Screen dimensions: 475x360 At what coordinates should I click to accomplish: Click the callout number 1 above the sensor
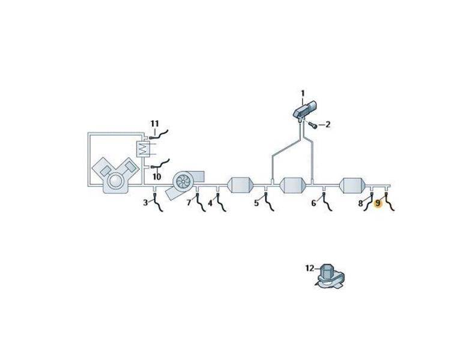coord(302,94)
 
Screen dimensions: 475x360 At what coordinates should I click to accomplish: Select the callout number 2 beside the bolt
coord(328,124)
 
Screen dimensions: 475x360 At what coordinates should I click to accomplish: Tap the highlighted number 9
coord(378,203)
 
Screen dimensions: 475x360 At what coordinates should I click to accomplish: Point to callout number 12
coord(310,268)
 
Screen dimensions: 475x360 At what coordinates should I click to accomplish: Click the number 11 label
coord(154,124)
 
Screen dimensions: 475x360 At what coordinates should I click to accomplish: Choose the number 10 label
coord(157,176)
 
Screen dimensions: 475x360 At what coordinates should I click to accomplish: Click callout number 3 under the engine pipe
coord(145,202)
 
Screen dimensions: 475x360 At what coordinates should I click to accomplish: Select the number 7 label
coord(189,203)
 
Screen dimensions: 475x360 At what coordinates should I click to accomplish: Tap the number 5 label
coord(256,203)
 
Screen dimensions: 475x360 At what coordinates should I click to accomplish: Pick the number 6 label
coord(313,203)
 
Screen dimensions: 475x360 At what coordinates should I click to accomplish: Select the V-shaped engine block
coord(116,176)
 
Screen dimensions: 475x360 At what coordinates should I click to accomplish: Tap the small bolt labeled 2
coord(313,124)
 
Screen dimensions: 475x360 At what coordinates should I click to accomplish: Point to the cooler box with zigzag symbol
coord(144,149)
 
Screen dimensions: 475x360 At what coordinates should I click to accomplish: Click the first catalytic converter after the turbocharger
coord(240,185)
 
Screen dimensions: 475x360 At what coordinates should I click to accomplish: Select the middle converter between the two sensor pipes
coord(294,185)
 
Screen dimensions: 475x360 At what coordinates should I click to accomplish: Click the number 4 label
coord(210,203)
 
